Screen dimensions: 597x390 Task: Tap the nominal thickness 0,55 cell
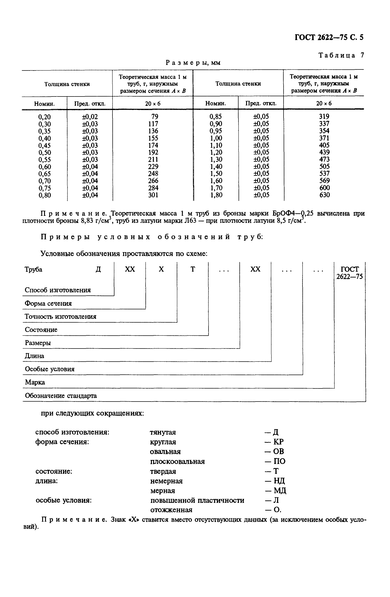(44, 160)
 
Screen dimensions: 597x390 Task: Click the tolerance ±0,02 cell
(90, 117)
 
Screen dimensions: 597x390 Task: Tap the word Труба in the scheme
(33, 269)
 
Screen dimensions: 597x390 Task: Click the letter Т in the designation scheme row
(193, 269)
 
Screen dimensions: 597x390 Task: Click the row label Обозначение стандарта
(61, 396)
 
